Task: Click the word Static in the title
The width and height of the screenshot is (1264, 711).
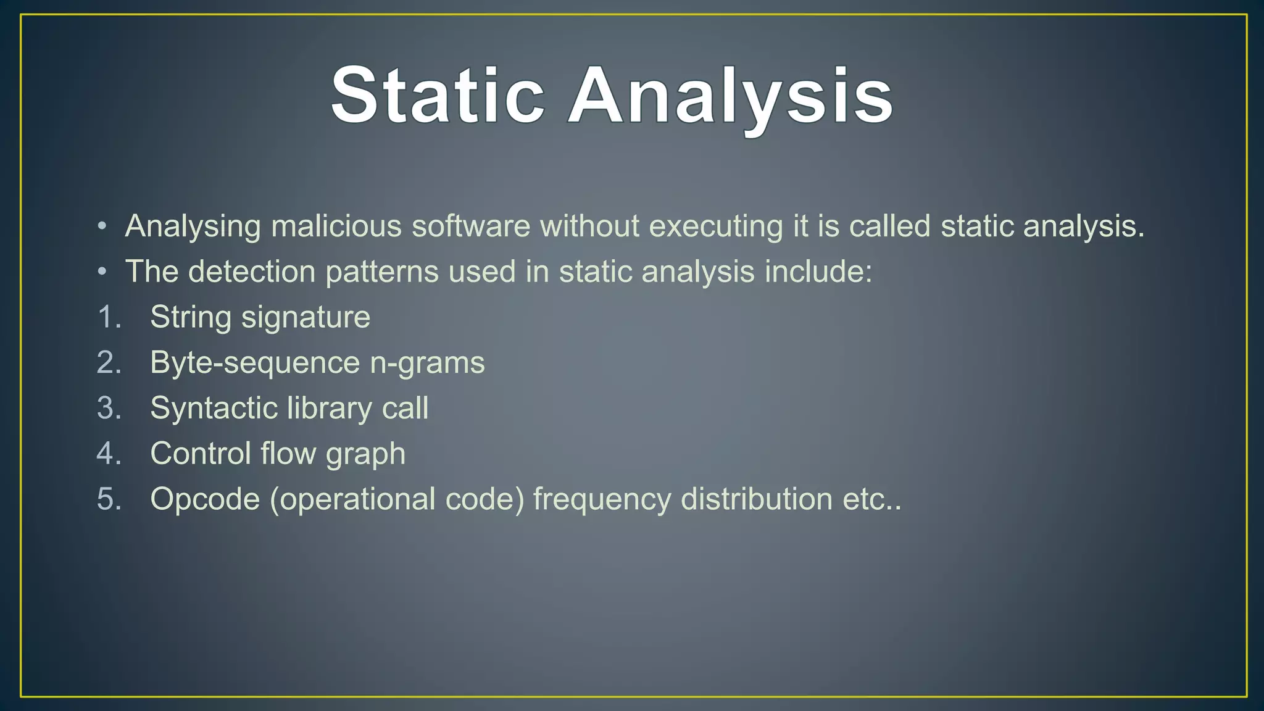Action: click(x=438, y=96)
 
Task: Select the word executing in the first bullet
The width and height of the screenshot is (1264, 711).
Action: click(x=716, y=226)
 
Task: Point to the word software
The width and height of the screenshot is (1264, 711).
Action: click(x=471, y=226)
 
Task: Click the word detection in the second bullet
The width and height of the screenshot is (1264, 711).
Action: click(x=252, y=272)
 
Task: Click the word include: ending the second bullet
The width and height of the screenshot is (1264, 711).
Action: click(x=818, y=272)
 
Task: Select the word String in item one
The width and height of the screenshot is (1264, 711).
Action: click(x=191, y=317)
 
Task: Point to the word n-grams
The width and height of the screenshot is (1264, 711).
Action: click(x=427, y=363)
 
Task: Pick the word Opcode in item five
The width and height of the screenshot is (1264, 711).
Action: click(x=205, y=499)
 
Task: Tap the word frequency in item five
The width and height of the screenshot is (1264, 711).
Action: click(x=602, y=499)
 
